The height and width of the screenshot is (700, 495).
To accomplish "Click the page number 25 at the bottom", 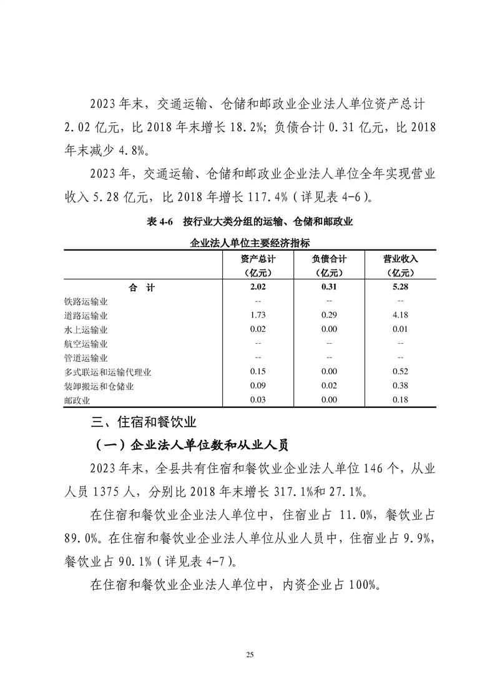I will (249, 654).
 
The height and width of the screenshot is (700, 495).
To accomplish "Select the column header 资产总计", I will (258, 258).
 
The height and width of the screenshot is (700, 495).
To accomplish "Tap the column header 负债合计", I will (329, 258).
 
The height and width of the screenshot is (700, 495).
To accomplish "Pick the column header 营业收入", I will (401, 258).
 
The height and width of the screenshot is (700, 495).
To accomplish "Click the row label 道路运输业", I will (91, 316).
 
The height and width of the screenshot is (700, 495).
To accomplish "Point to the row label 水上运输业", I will (91, 330).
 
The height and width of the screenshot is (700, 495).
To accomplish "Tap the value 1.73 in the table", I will (258, 316).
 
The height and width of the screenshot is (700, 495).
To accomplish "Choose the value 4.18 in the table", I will (401, 316).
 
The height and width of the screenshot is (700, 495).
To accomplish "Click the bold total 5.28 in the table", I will (401, 288).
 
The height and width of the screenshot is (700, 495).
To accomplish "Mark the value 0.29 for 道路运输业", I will (329, 316).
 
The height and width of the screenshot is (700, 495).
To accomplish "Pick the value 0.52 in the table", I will (401, 372).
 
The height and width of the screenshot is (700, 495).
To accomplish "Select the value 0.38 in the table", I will (401, 387).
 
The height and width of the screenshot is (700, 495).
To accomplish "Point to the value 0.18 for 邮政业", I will (401, 401).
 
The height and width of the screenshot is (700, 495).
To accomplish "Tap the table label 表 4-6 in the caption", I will (159, 221).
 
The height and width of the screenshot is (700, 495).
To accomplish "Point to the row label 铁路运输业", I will (91, 301).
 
